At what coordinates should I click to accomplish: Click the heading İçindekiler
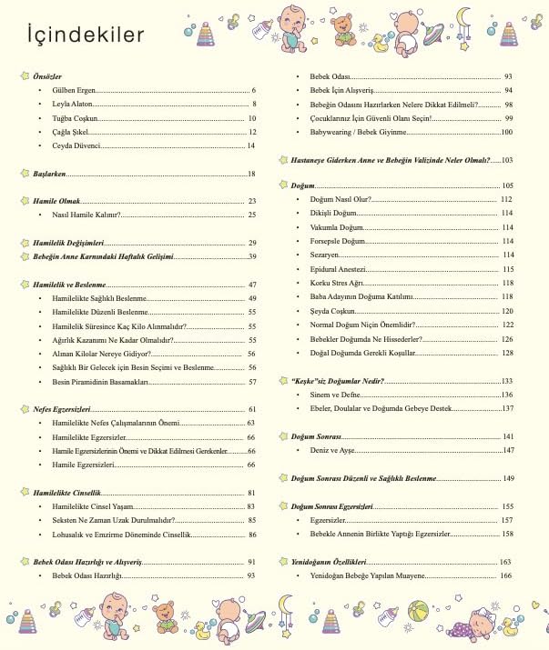click(85, 35)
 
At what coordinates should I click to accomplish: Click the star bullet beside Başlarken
click(25, 173)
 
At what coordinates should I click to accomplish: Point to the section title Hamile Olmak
click(56, 201)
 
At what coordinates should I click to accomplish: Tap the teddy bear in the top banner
click(342, 25)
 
